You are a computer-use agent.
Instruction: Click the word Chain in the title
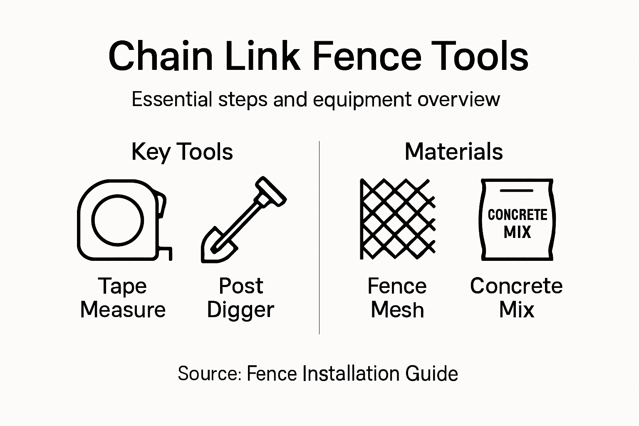[161, 56]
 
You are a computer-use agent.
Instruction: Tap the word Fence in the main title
[367, 56]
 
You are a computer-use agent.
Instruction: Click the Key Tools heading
[182, 152]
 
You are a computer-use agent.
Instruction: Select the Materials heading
[453, 151]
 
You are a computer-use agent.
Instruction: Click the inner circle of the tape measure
[117, 220]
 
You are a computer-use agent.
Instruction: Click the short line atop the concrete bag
[516, 191]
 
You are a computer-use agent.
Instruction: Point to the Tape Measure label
[123, 298]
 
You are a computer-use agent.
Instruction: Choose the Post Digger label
[240, 298]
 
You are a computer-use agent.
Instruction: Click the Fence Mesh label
[397, 298]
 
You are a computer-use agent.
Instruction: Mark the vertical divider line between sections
[319, 237]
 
